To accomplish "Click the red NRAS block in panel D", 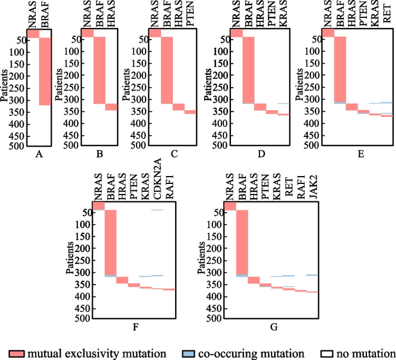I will pos(237,33).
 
